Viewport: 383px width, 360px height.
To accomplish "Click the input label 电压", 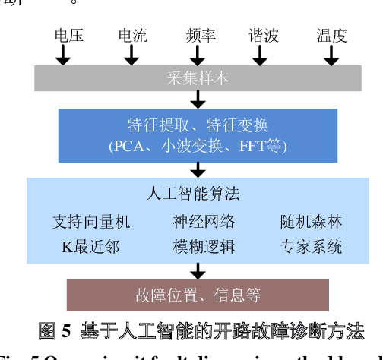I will (x=68, y=36).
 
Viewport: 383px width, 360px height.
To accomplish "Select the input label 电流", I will (x=133, y=36).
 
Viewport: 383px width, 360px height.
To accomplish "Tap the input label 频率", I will (x=200, y=36).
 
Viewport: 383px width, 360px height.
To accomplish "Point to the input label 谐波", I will (x=264, y=36).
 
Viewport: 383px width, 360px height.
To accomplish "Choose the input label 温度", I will (x=331, y=36).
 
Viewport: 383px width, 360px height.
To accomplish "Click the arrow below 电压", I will (x=63, y=55).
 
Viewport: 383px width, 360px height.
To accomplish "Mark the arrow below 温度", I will (x=332, y=55).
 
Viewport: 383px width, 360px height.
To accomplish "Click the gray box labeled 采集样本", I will (x=198, y=78).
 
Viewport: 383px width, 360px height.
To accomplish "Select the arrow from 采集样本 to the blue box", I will (x=198, y=99).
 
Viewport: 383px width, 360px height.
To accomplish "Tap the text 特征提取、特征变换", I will (x=198, y=125).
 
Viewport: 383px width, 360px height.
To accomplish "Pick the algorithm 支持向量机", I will (x=91, y=222).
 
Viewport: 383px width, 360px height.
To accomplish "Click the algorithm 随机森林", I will (x=311, y=222).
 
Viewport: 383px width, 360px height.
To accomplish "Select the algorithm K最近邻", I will (x=90, y=247).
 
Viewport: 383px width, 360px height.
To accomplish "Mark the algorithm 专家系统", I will (x=311, y=247).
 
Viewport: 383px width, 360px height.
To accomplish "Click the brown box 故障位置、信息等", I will (x=198, y=295).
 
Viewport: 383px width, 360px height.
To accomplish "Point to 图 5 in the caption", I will (x=54, y=332).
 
